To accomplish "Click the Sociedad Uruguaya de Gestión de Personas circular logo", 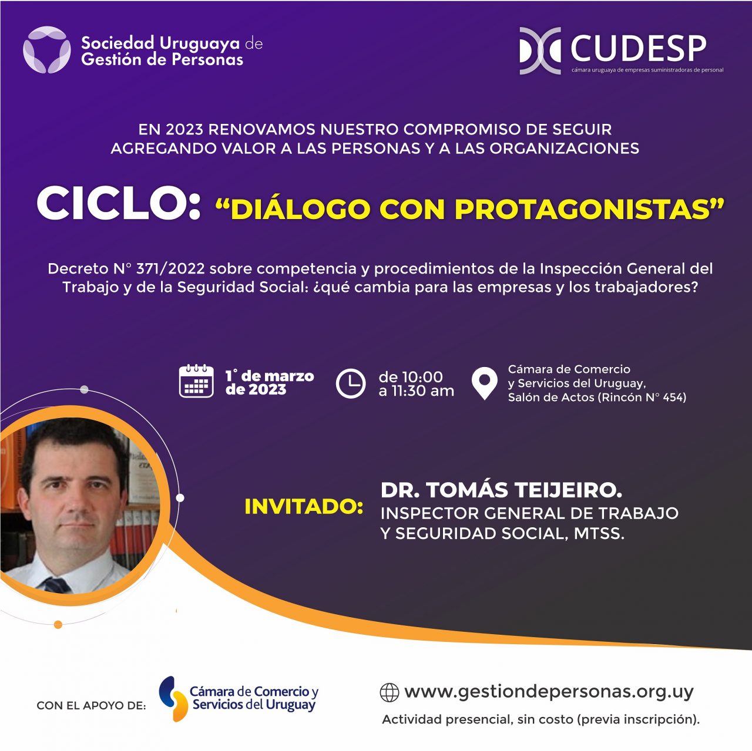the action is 47,49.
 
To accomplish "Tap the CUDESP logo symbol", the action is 540,50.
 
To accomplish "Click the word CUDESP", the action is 639,49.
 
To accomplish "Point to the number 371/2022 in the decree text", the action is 170,268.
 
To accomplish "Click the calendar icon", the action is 196,381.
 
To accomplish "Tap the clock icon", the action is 350,383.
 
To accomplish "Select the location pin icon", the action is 484,383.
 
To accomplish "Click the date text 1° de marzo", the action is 269,376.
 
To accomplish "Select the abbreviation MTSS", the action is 599,533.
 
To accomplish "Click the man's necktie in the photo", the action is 56,585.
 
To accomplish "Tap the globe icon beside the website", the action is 389,693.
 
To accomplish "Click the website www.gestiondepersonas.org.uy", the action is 549,692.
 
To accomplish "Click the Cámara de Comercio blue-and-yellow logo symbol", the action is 173,698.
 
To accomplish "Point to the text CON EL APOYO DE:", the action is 91,705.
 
